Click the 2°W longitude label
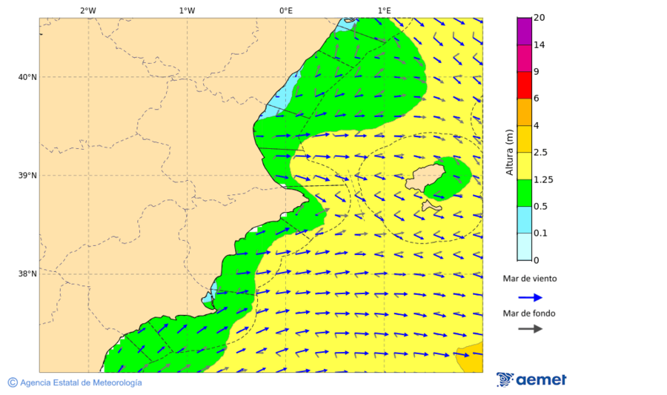pyautogui.click(x=87, y=10)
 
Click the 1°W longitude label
pyautogui.click(x=187, y=10)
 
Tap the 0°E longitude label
pyautogui.click(x=285, y=10)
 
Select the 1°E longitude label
pyautogui.click(x=384, y=10)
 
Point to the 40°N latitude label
pyautogui.click(x=27, y=77)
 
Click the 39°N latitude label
pyautogui.click(x=27, y=176)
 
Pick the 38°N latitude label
pyautogui.click(x=27, y=274)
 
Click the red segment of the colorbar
pyautogui.click(x=524, y=85)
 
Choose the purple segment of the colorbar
pyautogui.click(x=524, y=31)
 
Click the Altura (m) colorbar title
pyautogui.click(x=509, y=152)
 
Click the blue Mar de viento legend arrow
pyautogui.click(x=530, y=297)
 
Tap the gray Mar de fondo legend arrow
pyautogui.click(x=530, y=329)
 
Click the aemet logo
pyautogui.click(x=531, y=379)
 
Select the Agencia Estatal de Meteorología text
pyautogui.click(x=80, y=382)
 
